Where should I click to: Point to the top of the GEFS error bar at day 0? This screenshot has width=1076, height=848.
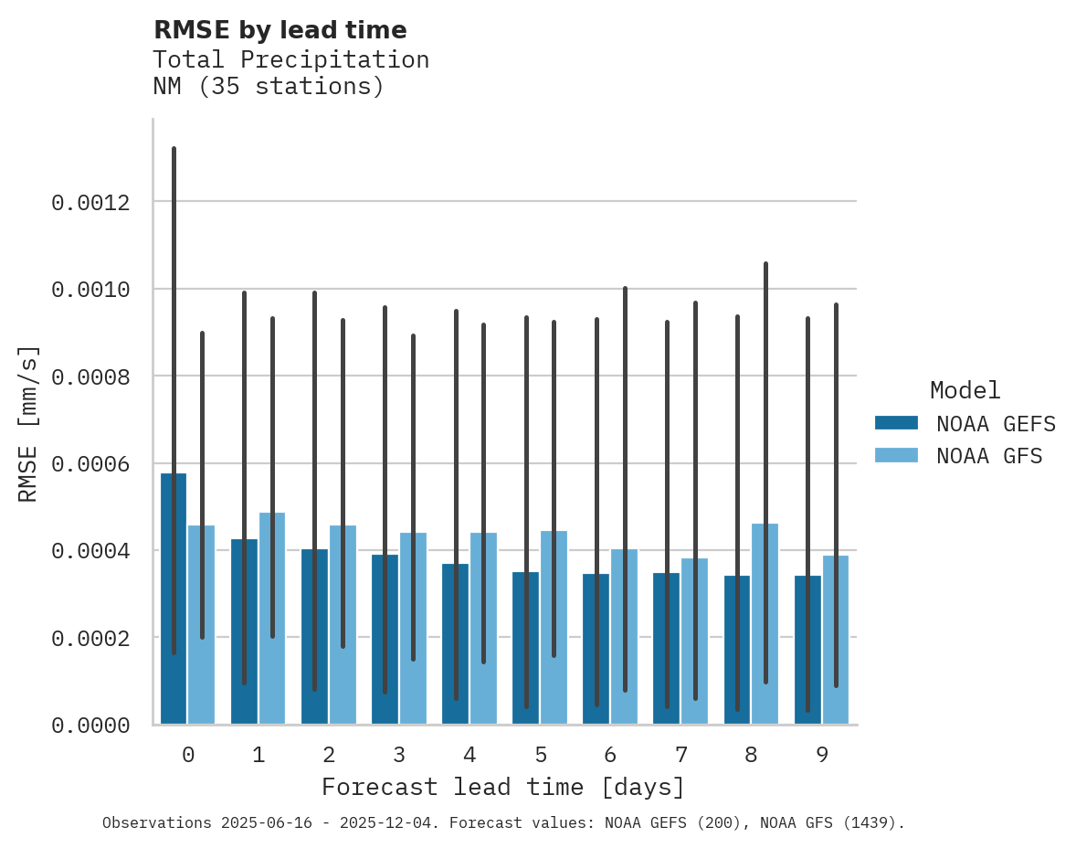pyautogui.click(x=174, y=148)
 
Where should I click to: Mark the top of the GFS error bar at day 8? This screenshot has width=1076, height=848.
pyautogui.click(x=765, y=264)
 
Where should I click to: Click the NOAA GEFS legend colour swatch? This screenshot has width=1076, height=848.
pyautogui.click(x=896, y=423)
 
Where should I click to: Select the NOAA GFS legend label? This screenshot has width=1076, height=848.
pyautogui.click(x=989, y=455)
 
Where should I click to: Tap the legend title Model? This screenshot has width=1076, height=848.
pyautogui.click(x=965, y=390)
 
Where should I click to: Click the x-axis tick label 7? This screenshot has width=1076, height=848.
pyautogui.click(x=680, y=755)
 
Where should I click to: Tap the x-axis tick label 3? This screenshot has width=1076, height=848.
pyautogui.click(x=399, y=755)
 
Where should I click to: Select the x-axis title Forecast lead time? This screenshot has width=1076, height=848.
pyautogui.click(x=502, y=787)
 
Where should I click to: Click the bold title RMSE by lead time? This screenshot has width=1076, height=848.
pyautogui.click(x=280, y=30)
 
